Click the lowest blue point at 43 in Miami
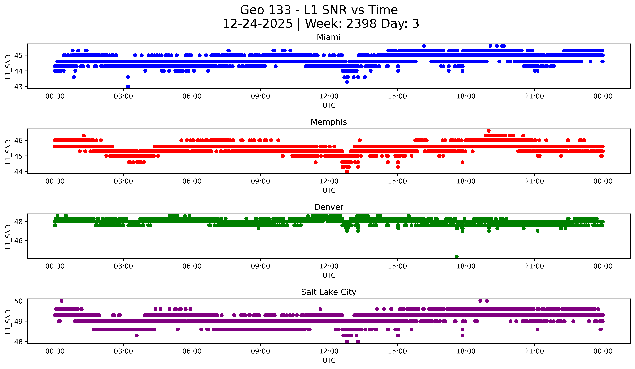coord(128,87)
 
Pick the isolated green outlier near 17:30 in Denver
coord(457,256)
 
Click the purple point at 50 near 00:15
coord(61,301)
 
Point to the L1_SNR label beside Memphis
coord(8,152)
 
